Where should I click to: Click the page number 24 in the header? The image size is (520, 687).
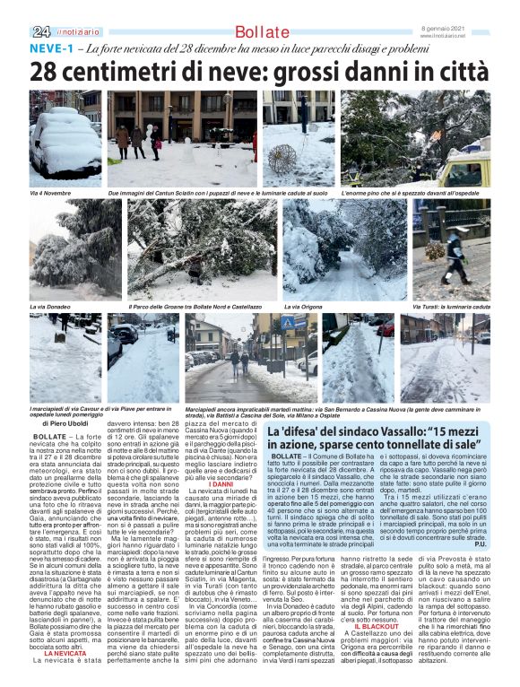[x=40, y=32]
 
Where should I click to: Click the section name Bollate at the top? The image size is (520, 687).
[x=262, y=33]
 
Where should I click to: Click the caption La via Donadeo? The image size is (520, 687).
[x=51, y=306]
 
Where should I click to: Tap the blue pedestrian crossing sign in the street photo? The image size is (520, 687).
[x=288, y=324]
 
